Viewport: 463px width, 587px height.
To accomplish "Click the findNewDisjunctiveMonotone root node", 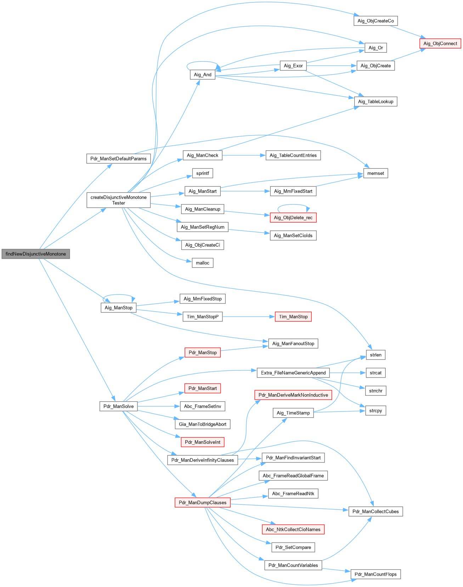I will pyautogui.click(x=36, y=254).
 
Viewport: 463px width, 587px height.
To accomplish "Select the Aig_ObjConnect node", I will pyautogui.click(x=440, y=44).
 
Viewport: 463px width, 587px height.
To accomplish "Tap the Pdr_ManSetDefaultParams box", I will pyautogui.click(x=118, y=159).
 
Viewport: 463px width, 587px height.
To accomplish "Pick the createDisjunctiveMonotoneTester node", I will pyautogui.click(x=118, y=200).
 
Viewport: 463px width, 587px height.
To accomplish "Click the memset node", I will pyautogui.click(x=376, y=173).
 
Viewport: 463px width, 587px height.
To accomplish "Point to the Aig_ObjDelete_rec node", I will pyautogui.click(x=293, y=218).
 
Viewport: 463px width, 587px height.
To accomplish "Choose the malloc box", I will pyautogui.click(x=202, y=263).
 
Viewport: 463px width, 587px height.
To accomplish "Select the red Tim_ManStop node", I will pyautogui.click(x=293, y=317).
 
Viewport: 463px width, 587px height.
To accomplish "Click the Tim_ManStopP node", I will pyautogui.click(x=202, y=317).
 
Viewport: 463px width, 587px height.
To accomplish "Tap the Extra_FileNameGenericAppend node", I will pyautogui.click(x=293, y=373).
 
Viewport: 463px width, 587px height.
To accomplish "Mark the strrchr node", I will pyautogui.click(x=376, y=391).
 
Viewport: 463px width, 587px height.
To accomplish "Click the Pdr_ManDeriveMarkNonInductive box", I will pyautogui.click(x=293, y=395).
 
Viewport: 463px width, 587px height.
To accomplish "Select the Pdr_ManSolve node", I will pyautogui.click(x=118, y=406).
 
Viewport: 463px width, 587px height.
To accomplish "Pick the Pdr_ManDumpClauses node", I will pyautogui.click(x=202, y=502).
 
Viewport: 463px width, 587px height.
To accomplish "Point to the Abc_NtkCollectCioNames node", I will pyautogui.click(x=293, y=529).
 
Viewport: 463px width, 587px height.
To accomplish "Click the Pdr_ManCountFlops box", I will pyautogui.click(x=376, y=574).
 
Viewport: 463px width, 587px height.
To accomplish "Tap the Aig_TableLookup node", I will pyautogui.click(x=376, y=102).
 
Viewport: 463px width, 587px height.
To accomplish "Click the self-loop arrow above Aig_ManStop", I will pyautogui.click(x=119, y=295).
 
